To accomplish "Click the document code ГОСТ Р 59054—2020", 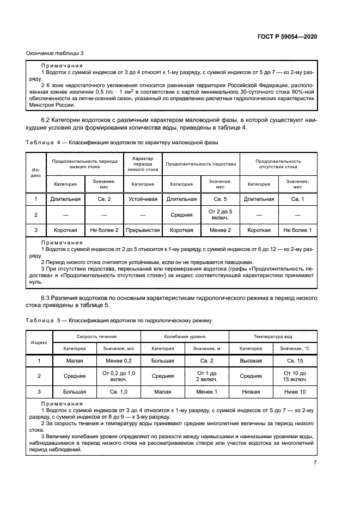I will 286,36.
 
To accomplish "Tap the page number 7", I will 315,462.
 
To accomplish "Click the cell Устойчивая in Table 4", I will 143,199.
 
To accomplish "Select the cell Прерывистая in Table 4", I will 143,230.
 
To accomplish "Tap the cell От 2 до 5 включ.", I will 220,214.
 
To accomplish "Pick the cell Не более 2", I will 104,230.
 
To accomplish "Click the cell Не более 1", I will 297,230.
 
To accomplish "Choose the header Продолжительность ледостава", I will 201,164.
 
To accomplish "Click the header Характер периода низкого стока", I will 143,164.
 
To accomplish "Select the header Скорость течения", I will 95,336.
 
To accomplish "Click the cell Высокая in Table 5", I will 251,360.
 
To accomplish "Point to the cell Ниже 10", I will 295,391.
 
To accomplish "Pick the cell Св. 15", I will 295,360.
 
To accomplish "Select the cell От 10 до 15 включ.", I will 295,376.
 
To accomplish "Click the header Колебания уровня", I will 185,336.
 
